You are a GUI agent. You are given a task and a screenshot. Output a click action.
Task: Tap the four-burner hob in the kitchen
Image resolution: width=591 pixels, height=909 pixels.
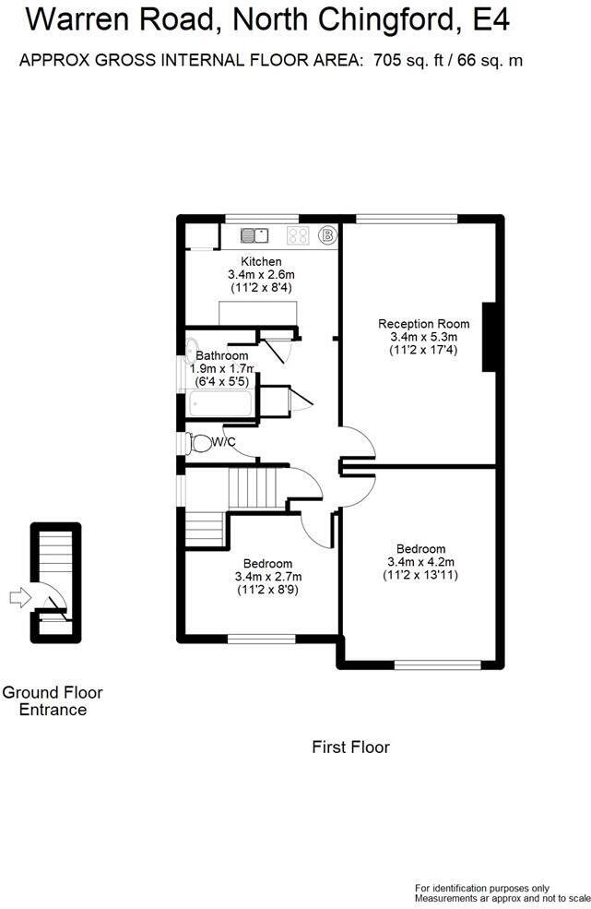[299, 234]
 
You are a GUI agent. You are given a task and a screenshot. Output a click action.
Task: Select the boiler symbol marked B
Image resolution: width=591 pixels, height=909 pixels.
[327, 234]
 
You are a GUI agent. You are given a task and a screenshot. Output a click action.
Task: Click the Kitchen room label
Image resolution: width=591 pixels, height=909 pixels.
[261, 261]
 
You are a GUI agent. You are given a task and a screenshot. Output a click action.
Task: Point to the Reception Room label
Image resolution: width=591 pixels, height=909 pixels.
[423, 324]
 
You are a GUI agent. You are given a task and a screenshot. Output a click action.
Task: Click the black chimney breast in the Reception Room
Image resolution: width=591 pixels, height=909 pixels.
[490, 337]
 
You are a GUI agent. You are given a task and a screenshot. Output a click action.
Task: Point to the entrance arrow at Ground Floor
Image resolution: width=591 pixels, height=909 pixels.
[19, 597]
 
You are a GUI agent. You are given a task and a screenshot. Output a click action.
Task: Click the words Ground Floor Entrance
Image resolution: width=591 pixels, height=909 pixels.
[53, 700]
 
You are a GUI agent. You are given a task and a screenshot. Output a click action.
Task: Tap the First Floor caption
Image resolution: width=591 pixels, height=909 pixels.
[350, 747]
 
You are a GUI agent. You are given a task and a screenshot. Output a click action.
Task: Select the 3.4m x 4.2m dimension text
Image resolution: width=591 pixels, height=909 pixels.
[420, 562]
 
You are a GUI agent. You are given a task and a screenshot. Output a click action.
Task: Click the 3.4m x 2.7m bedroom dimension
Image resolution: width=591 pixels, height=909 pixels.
[267, 577]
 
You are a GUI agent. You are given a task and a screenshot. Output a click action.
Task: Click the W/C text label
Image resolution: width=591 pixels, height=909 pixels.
[224, 442]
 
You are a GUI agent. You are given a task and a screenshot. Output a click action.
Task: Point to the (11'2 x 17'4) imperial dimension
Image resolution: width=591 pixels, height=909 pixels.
[423, 350]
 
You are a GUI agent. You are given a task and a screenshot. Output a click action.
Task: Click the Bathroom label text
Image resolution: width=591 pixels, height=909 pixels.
[222, 355]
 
